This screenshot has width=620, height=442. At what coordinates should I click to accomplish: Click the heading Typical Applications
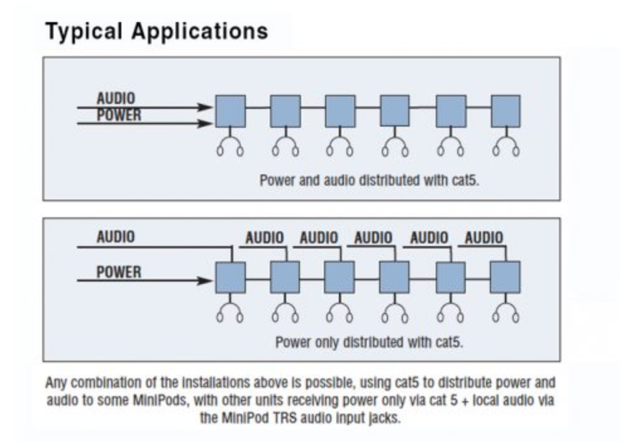pos(157,31)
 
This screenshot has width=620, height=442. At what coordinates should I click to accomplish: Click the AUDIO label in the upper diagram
pos(116,98)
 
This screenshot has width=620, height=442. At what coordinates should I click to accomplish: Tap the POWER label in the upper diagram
pos(119,115)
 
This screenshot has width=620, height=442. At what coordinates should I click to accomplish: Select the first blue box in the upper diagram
pos(231,111)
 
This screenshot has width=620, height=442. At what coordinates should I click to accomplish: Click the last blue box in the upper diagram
pos(506,111)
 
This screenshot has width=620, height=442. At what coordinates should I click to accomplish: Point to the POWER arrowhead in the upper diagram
pos(205,123)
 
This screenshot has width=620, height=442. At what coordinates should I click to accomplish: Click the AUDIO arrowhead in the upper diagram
pos(205,107)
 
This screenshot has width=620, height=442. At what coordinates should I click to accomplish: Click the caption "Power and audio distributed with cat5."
pos(369,181)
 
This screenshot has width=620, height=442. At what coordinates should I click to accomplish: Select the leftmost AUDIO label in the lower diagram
pos(116,237)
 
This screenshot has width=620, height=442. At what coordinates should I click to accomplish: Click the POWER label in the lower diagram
pos(119,272)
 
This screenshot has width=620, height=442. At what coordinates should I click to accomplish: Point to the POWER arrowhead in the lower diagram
pos(205,281)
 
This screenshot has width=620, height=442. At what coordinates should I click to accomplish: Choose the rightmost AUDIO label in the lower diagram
pos(484,237)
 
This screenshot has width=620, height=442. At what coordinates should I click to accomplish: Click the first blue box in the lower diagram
pos(231,277)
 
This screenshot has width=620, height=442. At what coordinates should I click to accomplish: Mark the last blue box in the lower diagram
pos(506,277)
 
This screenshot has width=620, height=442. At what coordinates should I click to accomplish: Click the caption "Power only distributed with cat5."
pos(369,342)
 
